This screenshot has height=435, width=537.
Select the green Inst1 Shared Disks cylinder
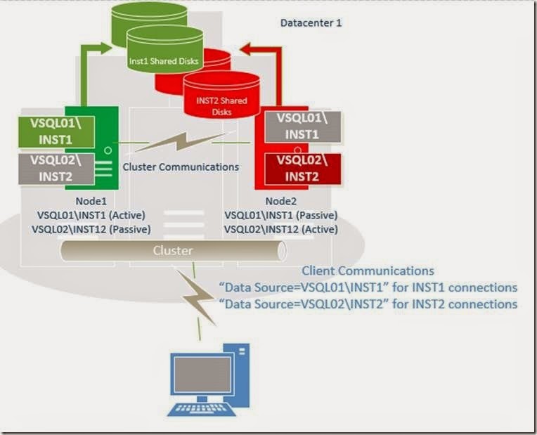pos(164,56)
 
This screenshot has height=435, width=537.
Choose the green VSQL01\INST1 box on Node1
pos(57,134)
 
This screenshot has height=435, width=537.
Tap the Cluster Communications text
pos(181,167)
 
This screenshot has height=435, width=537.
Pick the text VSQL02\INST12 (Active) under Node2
pos(281,229)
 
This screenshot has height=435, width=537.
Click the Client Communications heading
pos(368,271)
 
